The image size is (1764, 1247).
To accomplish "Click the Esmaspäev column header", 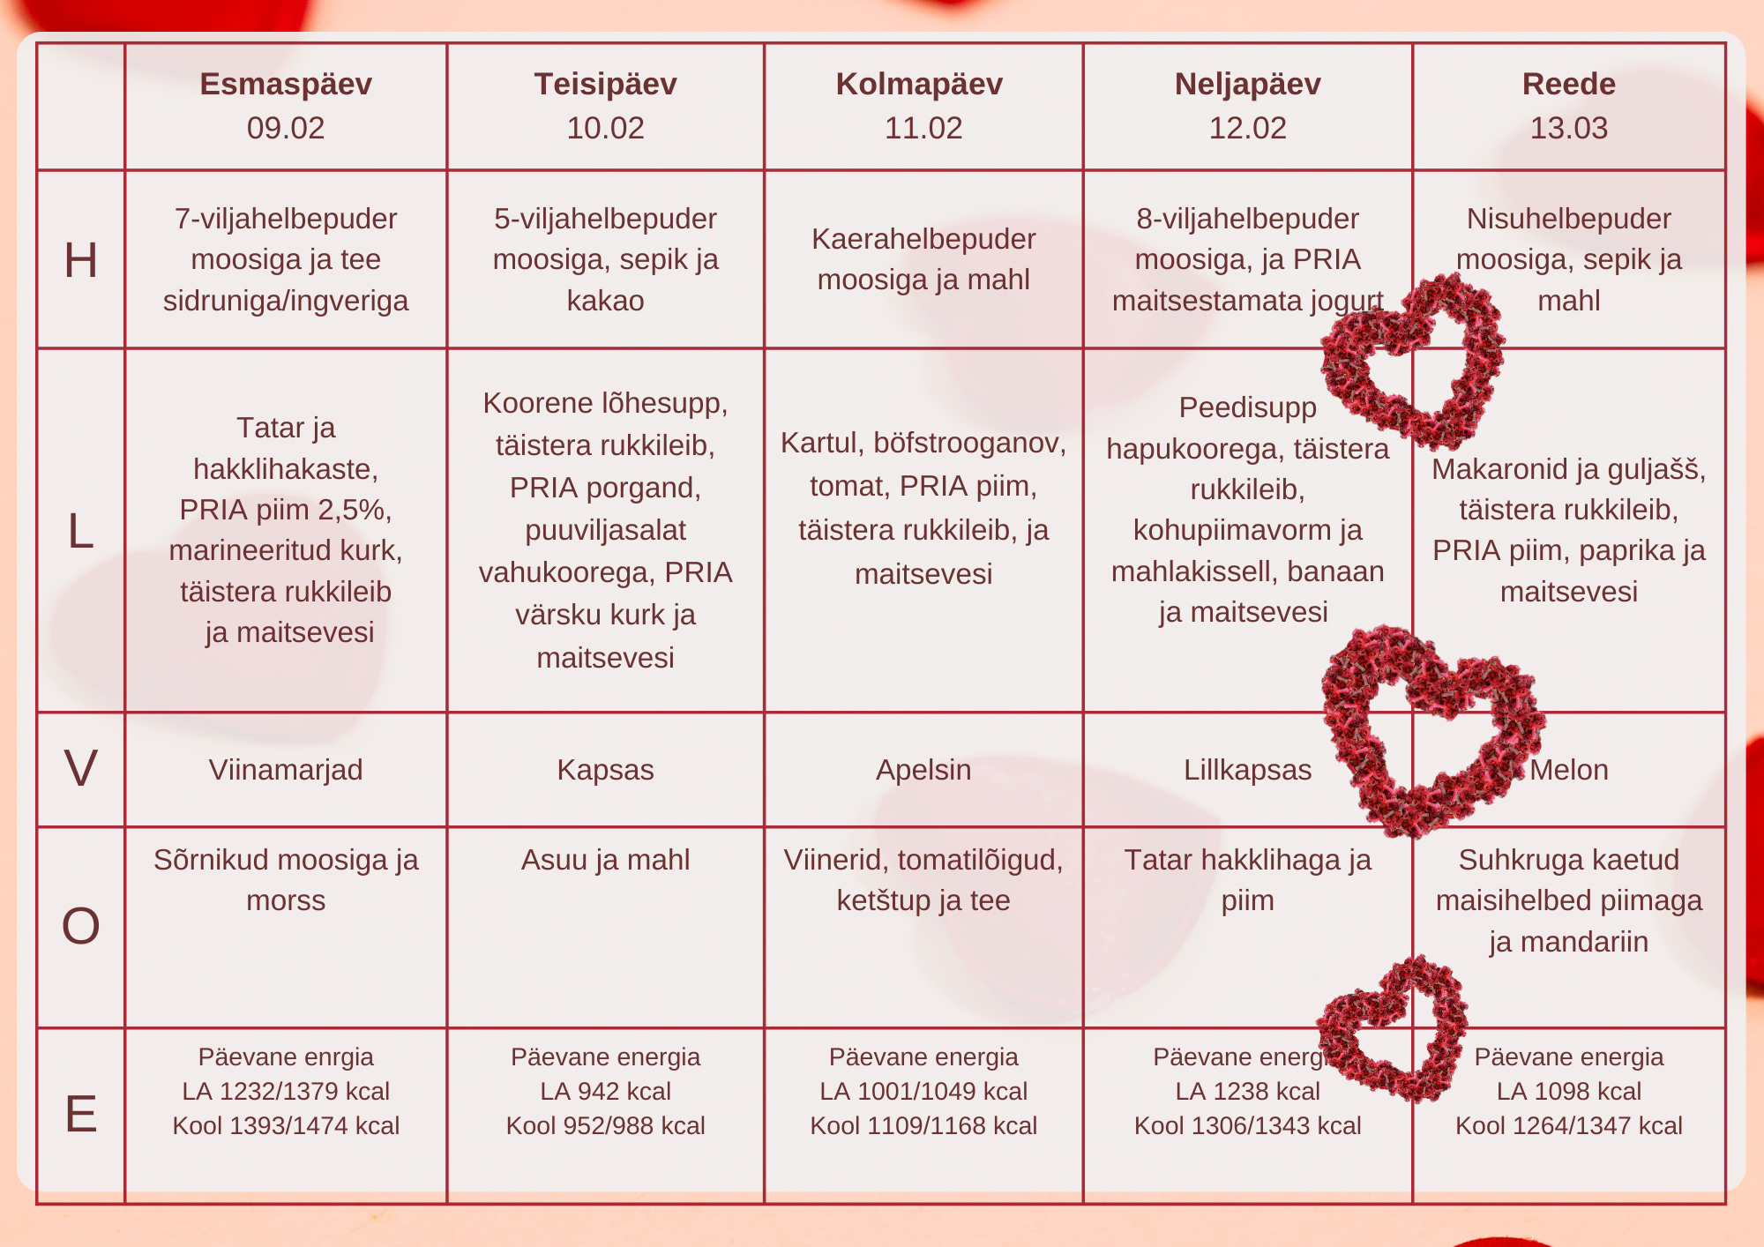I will pos(286,84).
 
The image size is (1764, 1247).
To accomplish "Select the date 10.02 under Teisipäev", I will pos(605,128).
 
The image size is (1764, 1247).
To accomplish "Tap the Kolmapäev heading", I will pos(919,84).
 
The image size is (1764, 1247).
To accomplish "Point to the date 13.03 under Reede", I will pos(1568,128).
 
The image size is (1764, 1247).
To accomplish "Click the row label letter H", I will pos(80,260).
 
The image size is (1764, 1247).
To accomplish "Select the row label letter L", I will pos(80,531).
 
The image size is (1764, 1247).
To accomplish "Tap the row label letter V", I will pos(80,768).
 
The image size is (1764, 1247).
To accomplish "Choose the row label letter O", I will pos(80,926).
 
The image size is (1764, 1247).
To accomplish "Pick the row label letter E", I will pos(80,1113).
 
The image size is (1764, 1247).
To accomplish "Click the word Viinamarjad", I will pos(286,770).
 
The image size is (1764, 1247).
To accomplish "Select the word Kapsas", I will pos(605,770).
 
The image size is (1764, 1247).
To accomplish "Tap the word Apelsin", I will pos(923,770).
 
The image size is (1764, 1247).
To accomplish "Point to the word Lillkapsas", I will pos(1247,770).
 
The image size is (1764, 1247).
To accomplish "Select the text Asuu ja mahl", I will pos(605,860).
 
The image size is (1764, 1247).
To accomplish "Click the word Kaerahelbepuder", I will pos(923,239).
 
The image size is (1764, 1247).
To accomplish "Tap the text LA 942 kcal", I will pos(605,1091).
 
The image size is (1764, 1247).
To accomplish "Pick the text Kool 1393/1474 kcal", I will pos(286,1125).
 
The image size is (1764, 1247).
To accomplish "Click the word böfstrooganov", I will pos(969,443).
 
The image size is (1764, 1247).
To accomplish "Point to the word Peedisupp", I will pos(1247,407).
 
